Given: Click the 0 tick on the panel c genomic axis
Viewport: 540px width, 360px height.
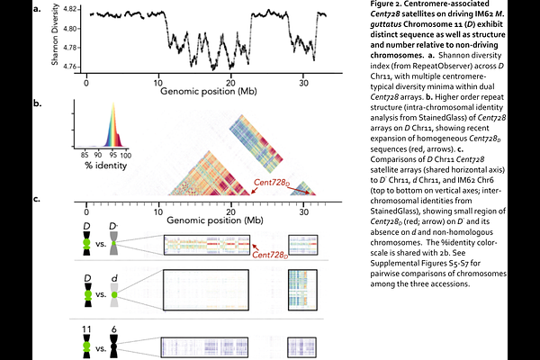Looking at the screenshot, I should coord(86,210).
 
